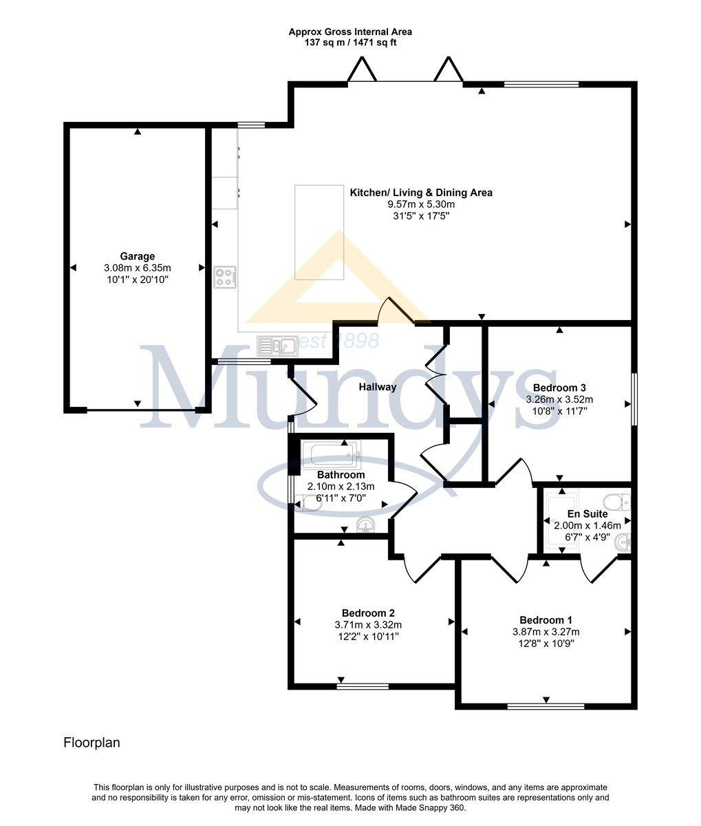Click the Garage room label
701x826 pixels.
138,256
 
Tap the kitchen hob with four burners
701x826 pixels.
225,277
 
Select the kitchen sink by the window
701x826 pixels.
278,346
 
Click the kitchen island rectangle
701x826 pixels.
319,232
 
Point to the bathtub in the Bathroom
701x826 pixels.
332,455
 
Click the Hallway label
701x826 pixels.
378,387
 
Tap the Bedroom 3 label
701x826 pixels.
559,388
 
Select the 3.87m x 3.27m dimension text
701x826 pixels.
546,632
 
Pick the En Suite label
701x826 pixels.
587,514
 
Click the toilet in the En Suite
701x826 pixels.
617,502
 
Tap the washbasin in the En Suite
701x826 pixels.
623,542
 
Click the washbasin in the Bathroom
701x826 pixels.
366,525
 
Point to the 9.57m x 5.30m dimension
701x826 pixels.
421,204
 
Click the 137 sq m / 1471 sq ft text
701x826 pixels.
350,43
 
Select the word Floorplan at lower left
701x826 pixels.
92,743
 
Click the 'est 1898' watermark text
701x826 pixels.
339,341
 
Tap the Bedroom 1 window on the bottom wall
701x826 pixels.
546,707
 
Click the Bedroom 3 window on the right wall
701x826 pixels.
634,399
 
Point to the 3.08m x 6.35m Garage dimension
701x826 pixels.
138,268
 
